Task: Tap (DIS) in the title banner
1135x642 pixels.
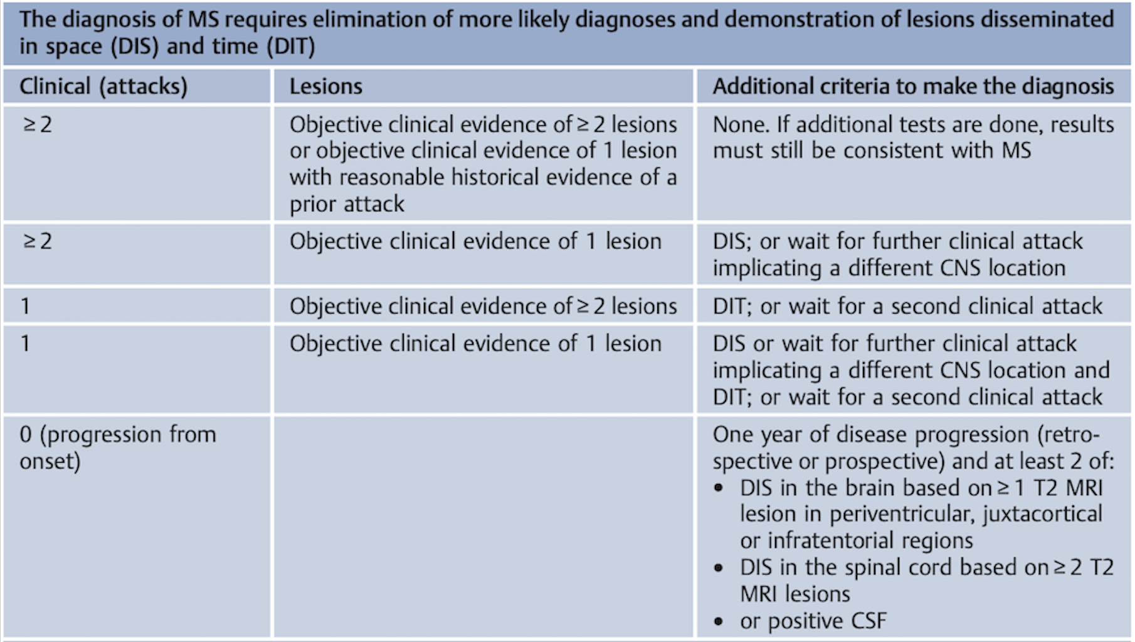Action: click(135, 46)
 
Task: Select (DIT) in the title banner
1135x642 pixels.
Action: click(291, 46)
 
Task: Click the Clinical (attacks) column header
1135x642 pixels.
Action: click(103, 87)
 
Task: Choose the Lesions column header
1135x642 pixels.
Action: click(325, 87)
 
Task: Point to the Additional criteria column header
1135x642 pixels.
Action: click(913, 87)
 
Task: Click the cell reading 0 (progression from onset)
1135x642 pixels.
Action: click(118, 448)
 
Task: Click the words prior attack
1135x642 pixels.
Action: click(347, 204)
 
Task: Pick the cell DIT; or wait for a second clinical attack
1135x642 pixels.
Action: click(907, 306)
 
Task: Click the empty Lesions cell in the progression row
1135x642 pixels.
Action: click(483, 527)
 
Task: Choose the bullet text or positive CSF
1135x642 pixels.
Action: click(813, 621)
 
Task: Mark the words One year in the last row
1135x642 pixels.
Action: click(756, 434)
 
